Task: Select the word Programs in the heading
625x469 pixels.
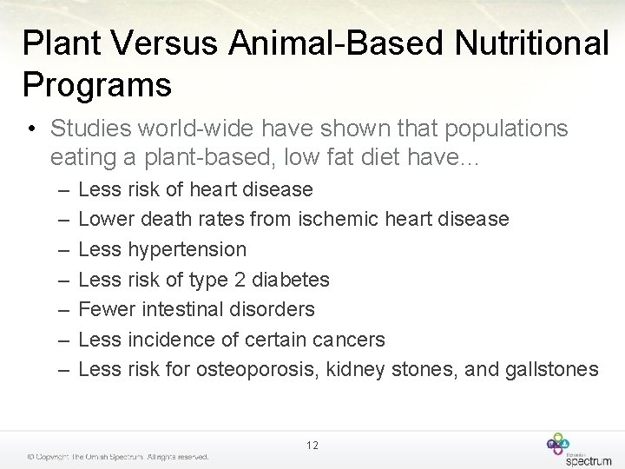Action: click(97, 85)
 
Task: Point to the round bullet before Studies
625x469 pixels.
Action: click(30, 129)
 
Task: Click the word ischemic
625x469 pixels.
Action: click(336, 219)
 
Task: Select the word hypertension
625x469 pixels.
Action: click(187, 249)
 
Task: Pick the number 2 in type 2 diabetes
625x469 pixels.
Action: click(238, 280)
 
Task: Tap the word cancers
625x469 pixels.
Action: click(347, 340)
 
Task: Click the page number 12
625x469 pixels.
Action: click(312, 446)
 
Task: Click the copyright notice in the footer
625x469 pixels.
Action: click(117, 456)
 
